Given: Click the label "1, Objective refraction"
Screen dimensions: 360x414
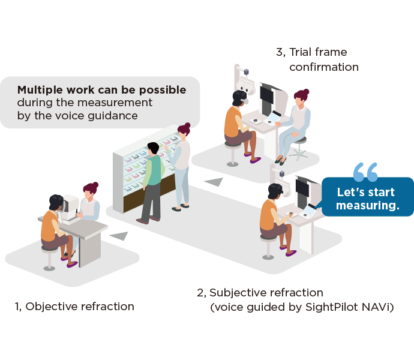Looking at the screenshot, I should pyautogui.click(x=74, y=307).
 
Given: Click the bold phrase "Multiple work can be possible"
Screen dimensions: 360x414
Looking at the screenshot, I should pyautogui.click(x=101, y=90).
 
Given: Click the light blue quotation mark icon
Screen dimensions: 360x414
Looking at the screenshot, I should pyautogui.click(x=365, y=171).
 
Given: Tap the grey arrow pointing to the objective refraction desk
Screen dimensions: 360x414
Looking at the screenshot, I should pyautogui.click(x=119, y=236).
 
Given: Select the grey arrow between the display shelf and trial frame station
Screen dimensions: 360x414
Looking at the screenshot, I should pyautogui.click(x=212, y=181).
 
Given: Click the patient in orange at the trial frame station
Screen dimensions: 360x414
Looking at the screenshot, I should pyautogui.click(x=236, y=123).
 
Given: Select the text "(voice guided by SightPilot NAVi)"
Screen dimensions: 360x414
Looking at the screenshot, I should pyautogui.click(x=302, y=308).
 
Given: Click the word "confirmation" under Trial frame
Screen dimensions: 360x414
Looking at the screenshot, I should pyautogui.click(x=323, y=67).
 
